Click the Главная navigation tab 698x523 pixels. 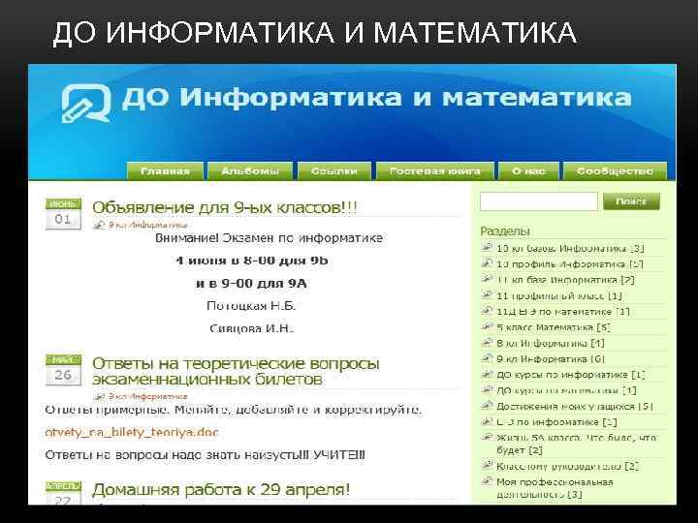(x=165, y=170)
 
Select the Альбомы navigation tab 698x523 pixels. (x=250, y=170)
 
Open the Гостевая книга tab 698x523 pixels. (x=435, y=170)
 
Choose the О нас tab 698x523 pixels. (x=528, y=170)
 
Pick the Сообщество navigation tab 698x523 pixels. (x=614, y=170)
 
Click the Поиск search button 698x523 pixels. (x=631, y=201)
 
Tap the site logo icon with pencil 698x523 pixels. (x=87, y=103)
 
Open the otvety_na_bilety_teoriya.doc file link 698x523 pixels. (x=132, y=431)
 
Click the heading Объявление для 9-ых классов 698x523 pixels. (x=224, y=207)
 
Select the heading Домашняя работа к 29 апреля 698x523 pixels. (x=221, y=488)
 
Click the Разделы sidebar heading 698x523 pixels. (x=505, y=231)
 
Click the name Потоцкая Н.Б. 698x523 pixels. (x=250, y=305)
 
